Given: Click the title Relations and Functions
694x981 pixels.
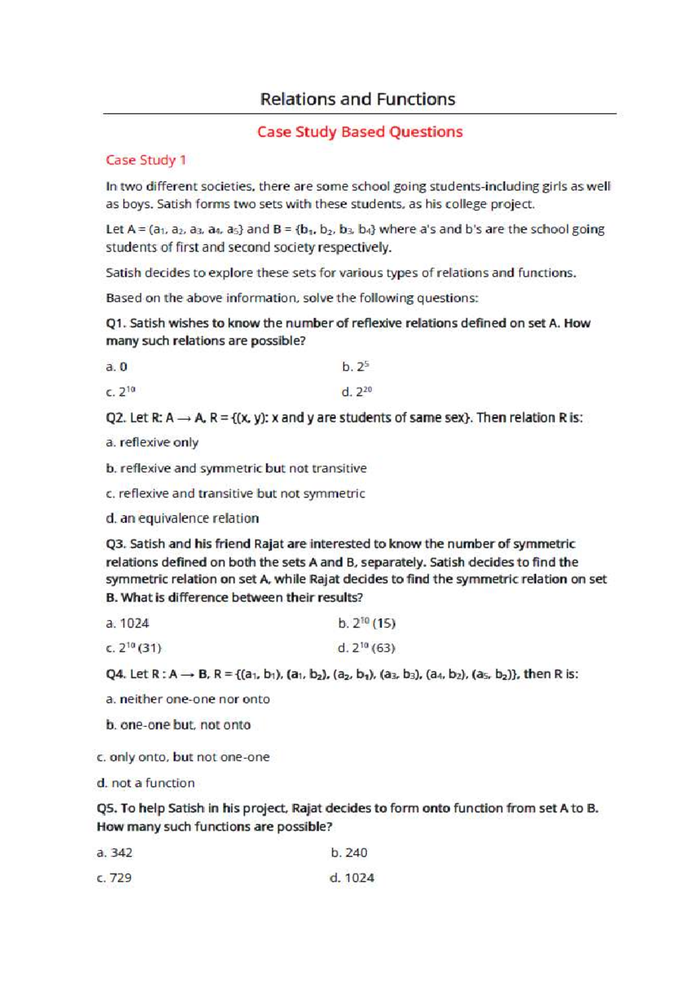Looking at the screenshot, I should pyautogui.click(x=357, y=99).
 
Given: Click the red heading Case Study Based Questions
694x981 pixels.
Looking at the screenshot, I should pyautogui.click(x=360, y=132).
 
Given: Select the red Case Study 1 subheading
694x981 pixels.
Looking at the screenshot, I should pyautogui.click(x=146, y=160).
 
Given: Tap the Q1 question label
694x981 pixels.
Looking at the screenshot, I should pyautogui.click(x=116, y=323).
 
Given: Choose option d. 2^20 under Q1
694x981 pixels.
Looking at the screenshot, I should pyautogui.click(x=356, y=392).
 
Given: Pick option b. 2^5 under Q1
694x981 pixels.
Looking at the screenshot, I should pyautogui.click(x=355, y=367).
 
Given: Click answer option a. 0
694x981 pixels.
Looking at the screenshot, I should pyautogui.click(x=116, y=367).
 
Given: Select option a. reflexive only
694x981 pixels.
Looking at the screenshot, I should pyautogui.click(x=152, y=442).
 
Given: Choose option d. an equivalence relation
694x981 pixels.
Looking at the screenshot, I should pyautogui.click(x=182, y=518).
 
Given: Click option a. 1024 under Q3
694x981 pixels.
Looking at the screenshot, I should pyautogui.click(x=127, y=624).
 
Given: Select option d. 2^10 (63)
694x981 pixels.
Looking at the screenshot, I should pyautogui.click(x=367, y=648).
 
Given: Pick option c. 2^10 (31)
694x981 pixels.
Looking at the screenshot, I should pyautogui.click(x=134, y=648).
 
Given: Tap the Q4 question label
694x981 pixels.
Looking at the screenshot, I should pyautogui.click(x=116, y=674).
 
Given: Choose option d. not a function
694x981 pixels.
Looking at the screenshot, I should pyautogui.click(x=146, y=783).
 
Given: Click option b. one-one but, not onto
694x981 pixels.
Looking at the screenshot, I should pyautogui.click(x=178, y=725).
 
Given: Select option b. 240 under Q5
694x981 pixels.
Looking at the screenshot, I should pyautogui.click(x=349, y=853).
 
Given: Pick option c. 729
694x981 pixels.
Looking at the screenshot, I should pyautogui.click(x=114, y=878).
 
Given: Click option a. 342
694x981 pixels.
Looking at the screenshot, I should pyautogui.click(x=115, y=853).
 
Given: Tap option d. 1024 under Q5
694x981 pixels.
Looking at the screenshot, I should pyautogui.click(x=352, y=878).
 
